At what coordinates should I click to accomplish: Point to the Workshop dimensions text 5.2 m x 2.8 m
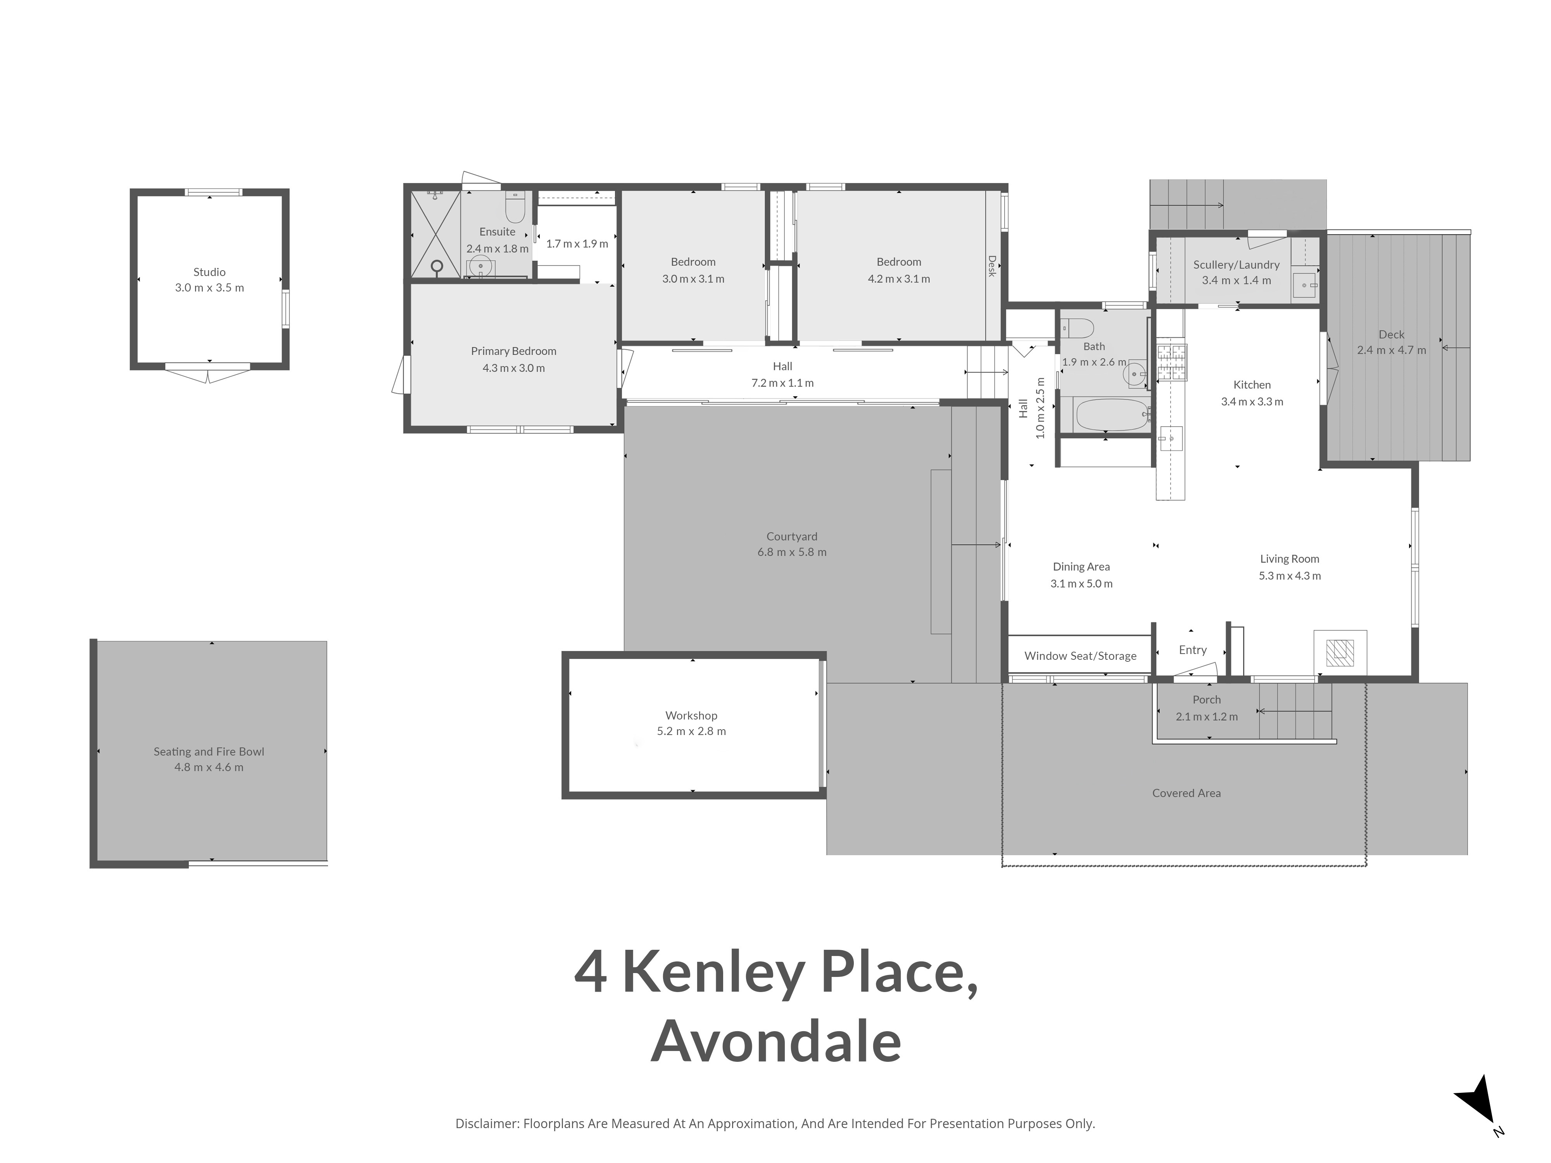pos(691,731)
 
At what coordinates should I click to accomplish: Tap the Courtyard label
pos(792,536)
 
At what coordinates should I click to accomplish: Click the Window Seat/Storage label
pos(1081,656)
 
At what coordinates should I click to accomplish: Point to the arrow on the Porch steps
pos(1294,711)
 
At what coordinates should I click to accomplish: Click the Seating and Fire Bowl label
pos(209,752)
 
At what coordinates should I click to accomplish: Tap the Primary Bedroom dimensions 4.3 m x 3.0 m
pos(513,368)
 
